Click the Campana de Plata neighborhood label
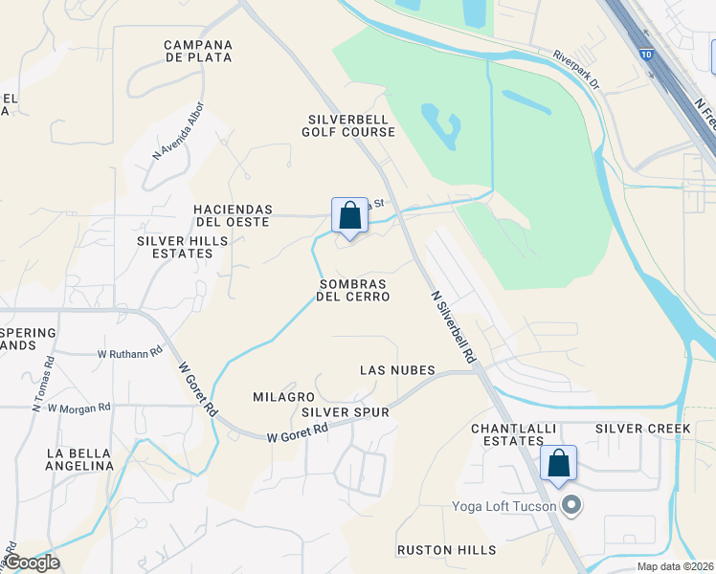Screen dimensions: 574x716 coord(198,52)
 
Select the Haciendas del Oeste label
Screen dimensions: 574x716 coord(233,215)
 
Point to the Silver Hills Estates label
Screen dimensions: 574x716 coord(182,247)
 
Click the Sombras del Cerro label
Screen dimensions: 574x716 coord(353,290)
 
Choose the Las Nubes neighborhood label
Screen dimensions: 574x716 coord(397,370)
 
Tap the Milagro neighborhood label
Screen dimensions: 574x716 coord(283,396)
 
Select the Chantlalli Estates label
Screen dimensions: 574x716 coord(507,434)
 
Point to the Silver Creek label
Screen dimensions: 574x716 coord(642,429)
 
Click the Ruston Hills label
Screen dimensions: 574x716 coord(447,550)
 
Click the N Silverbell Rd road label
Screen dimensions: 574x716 coord(453,326)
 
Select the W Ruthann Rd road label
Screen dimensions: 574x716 coord(130,353)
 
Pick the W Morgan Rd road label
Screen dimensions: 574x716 coord(78,408)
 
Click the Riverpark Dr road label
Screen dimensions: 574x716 coord(576,70)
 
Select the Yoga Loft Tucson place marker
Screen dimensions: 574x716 coord(571,505)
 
